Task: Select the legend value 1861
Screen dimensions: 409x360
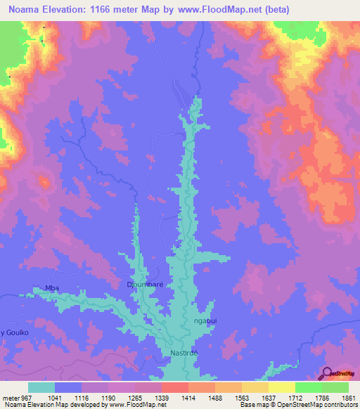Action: (x=347, y=398)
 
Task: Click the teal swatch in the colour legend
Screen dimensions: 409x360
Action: (x=41, y=387)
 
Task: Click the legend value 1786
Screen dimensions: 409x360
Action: (x=321, y=398)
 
